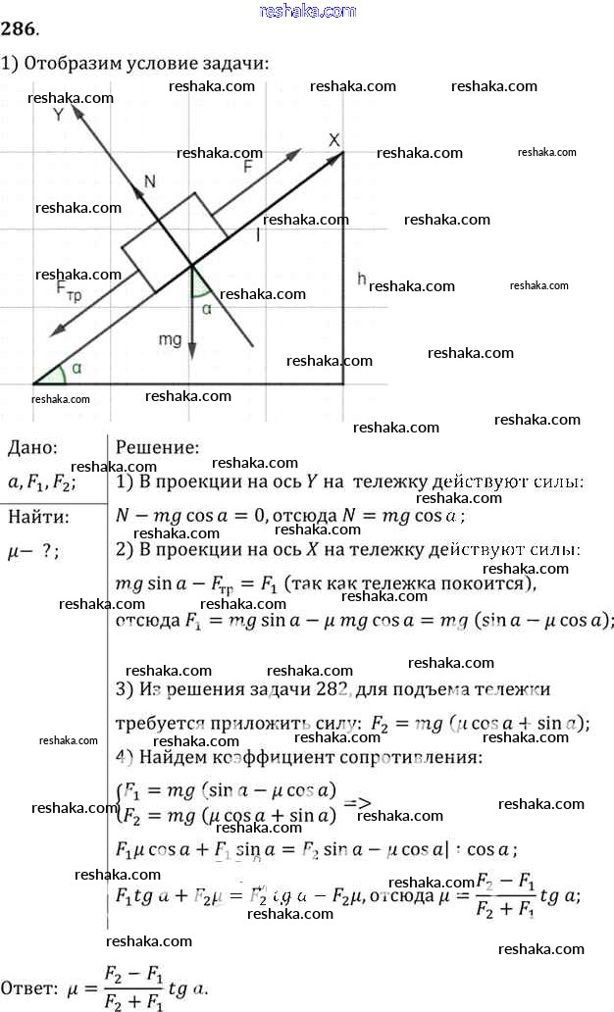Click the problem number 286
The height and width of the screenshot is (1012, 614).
pyautogui.click(x=20, y=37)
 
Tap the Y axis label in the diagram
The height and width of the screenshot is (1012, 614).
pyautogui.click(x=58, y=114)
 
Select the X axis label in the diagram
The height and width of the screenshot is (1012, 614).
pyautogui.click(x=333, y=140)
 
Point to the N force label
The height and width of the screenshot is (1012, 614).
pyautogui.click(x=149, y=180)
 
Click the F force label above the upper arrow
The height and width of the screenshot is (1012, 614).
pyautogui.click(x=247, y=167)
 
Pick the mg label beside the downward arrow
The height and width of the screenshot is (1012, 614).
pyautogui.click(x=171, y=339)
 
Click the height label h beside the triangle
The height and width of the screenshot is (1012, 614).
pyautogui.click(x=361, y=278)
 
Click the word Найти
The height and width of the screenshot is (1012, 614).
pyautogui.click(x=38, y=517)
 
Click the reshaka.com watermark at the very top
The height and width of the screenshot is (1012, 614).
pyautogui.click(x=307, y=11)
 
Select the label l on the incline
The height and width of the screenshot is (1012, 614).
pyautogui.click(x=258, y=234)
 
